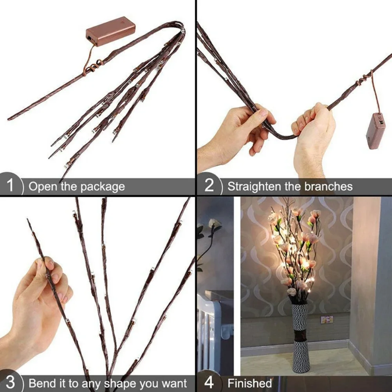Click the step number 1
click(10, 185)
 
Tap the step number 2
click(209, 185)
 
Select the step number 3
click(10, 382)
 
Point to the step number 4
click(209, 382)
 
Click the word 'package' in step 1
click(103, 187)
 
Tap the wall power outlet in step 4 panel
click(327, 320)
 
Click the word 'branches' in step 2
click(327, 186)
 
